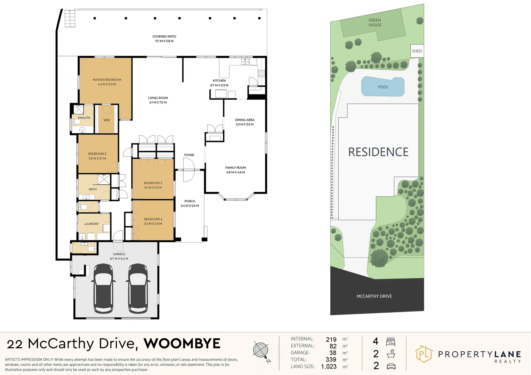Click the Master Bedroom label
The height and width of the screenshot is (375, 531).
click(107, 80)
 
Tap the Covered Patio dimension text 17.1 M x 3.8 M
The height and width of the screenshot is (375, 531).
click(164, 41)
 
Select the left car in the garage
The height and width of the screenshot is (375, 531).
click(103, 288)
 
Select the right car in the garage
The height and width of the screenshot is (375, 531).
click(138, 288)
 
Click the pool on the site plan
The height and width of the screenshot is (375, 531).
click(383, 87)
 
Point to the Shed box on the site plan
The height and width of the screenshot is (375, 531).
click(417, 51)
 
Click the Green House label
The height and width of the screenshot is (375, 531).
click(375, 23)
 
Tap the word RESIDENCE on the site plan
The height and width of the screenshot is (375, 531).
click(378, 152)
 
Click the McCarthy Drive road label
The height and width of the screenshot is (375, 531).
click(374, 296)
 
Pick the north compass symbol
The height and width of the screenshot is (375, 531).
click(261, 351)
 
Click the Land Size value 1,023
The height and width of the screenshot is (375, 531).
click(329, 367)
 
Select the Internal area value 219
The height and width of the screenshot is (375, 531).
click(331, 340)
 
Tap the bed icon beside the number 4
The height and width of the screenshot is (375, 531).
click(391, 342)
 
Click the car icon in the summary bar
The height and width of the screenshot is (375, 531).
click(391, 366)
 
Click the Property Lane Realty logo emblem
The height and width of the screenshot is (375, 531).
click(424, 354)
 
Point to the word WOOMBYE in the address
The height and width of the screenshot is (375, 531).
click(182, 344)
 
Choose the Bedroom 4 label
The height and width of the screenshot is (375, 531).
click(153, 219)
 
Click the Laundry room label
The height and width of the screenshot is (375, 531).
click(91, 224)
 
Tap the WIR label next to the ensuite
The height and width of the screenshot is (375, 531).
click(106, 120)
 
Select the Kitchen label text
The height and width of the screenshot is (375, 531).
click(219, 81)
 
